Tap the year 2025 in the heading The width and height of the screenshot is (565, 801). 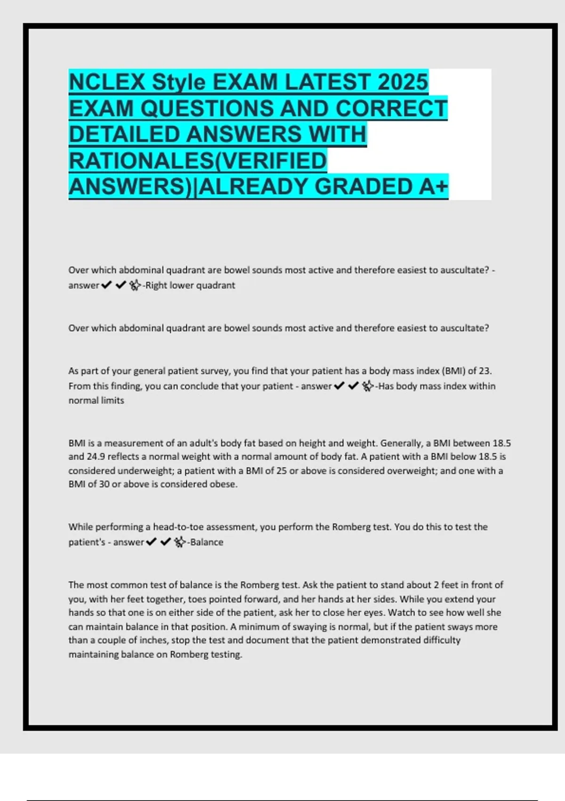point(403,82)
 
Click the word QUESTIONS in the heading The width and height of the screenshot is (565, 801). point(207,108)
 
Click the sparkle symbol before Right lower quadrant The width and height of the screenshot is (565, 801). point(135,286)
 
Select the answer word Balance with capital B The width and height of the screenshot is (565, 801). point(207,542)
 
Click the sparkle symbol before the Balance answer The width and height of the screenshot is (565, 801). point(179,542)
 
